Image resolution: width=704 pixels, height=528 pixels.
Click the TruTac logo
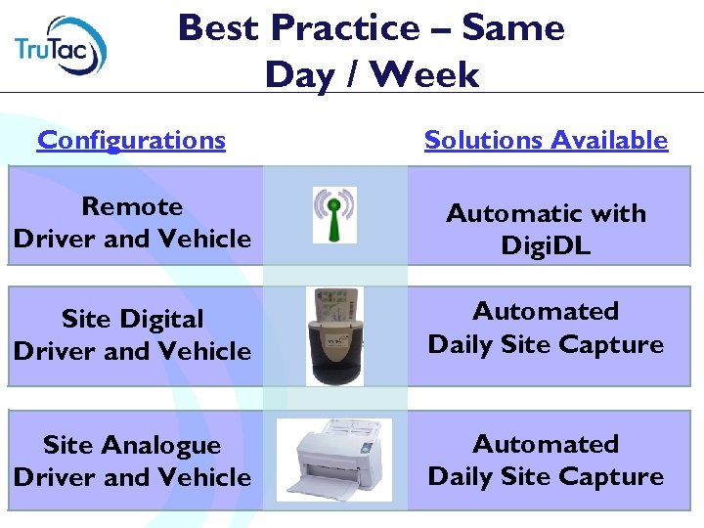[x=61, y=45]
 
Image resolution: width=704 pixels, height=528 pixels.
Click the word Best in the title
[x=220, y=27]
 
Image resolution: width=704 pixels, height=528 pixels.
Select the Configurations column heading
[x=131, y=140]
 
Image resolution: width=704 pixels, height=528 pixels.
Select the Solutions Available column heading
[x=546, y=140]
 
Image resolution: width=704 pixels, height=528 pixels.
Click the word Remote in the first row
[x=132, y=206]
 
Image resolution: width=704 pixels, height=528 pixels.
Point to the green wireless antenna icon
[x=334, y=214]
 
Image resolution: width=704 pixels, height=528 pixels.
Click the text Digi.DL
[x=546, y=245]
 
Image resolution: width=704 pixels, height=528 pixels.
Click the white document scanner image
[x=334, y=460]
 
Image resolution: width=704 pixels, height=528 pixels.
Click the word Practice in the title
[x=341, y=27]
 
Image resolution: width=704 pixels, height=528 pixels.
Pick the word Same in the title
[x=513, y=27]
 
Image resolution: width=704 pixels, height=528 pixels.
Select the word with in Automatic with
[x=621, y=213]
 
